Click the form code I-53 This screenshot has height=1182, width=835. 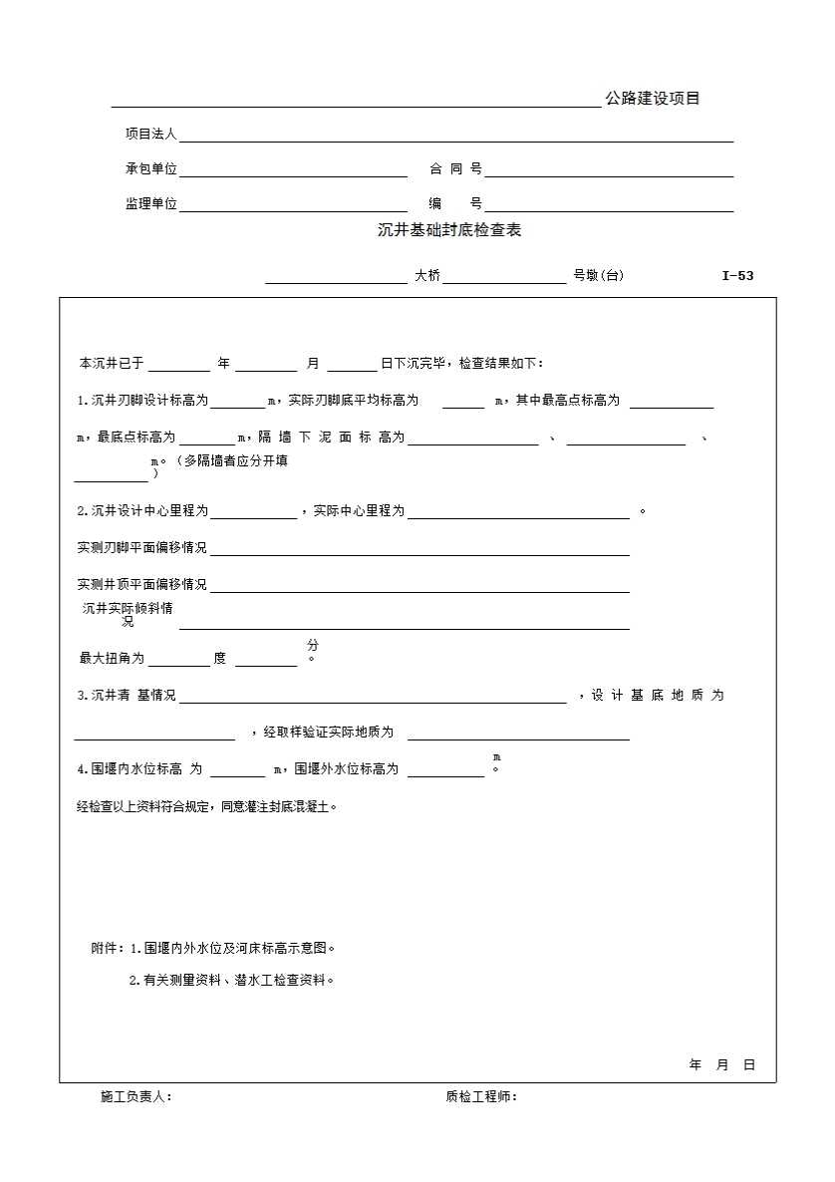737,276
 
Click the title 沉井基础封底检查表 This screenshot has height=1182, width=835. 449,231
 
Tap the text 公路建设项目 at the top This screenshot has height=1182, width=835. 653,99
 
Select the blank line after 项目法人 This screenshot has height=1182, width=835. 455,137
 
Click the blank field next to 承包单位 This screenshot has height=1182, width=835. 293,171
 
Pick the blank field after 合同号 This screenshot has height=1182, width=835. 609,171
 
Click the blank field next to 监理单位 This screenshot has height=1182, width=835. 293,206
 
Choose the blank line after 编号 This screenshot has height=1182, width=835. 609,206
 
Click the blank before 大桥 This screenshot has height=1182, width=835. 336,278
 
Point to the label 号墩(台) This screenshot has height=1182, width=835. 598,276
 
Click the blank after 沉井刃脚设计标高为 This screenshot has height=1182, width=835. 237,403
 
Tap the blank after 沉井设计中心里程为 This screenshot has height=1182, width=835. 253,513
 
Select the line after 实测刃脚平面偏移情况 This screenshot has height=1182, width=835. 419,550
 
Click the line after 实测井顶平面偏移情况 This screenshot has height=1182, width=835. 419,587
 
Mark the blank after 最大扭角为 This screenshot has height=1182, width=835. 179,661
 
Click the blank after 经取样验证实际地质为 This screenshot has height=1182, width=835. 518,735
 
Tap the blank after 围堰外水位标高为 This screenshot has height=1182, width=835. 445,771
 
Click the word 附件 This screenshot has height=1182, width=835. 106,949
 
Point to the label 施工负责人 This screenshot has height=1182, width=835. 135,1097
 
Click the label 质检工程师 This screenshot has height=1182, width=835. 479,1097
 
